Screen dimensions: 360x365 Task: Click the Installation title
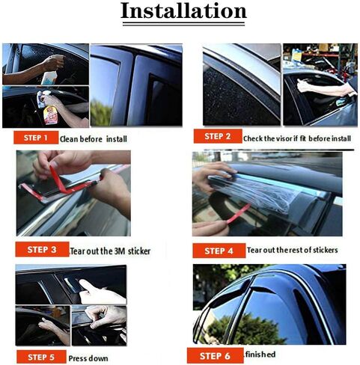coord(183,11)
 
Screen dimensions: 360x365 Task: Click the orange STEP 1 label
coord(36,138)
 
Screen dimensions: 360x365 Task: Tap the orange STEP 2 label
coord(218,136)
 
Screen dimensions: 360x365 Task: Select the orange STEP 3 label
coord(42,249)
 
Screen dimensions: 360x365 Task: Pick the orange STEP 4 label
coord(219,251)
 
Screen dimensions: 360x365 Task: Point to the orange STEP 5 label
coord(41,357)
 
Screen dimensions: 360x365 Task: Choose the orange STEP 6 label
coord(215,356)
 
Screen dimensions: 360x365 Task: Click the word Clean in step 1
coord(69,139)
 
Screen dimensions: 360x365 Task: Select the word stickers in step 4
coord(325,250)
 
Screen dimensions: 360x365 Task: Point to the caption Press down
coord(88,358)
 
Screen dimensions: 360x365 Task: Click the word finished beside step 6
coord(260,355)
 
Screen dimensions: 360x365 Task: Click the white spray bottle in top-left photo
coord(49,78)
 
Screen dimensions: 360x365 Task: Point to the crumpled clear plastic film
coord(257,194)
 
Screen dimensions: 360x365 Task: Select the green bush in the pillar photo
coord(100,113)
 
